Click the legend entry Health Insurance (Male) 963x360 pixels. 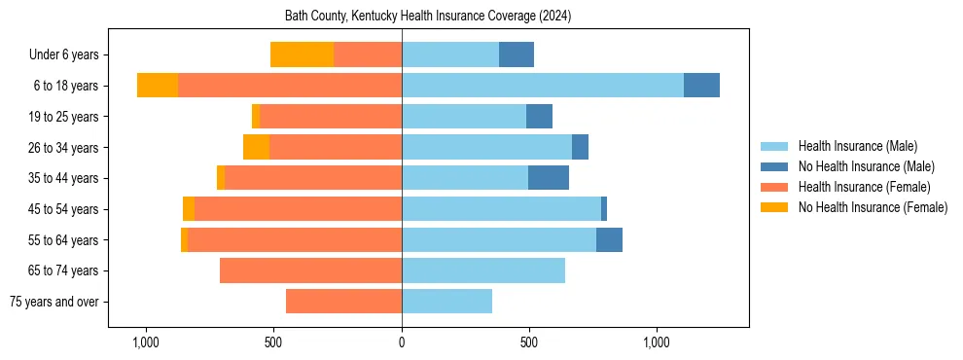pos(857,146)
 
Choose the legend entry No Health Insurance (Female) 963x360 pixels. pos(873,207)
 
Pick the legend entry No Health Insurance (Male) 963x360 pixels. pos(866,166)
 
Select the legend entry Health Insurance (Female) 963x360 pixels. pos(864,187)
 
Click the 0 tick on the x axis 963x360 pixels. pos(402,342)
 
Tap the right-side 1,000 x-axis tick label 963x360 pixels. pos(657,342)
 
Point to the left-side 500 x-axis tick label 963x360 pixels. pos(273,342)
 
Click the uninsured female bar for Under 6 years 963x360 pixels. pos(302,54)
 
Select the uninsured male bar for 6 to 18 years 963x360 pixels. pos(701,86)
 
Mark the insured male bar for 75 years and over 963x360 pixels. pos(446,302)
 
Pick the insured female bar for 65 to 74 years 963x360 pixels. pos(310,270)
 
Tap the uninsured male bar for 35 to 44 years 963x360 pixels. pos(549,178)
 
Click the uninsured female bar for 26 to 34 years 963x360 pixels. pos(256,147)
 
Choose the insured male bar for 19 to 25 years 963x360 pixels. pos(464,117)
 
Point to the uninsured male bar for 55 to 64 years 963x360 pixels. pos(609,239)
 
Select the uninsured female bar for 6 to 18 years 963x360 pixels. pos(158,86)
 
